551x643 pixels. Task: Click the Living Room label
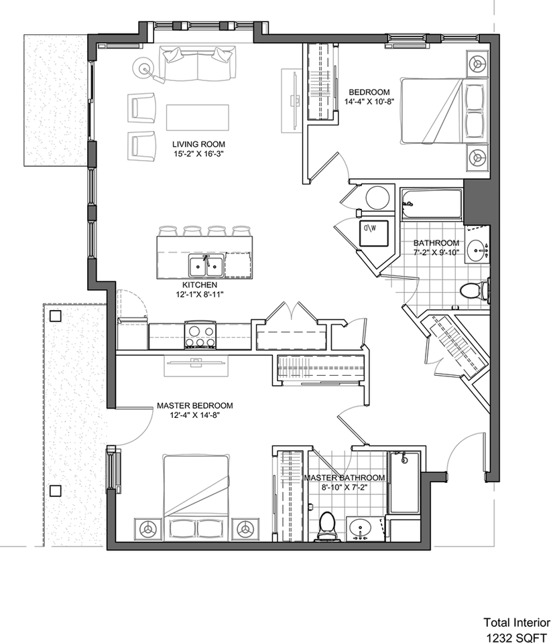click(x=198, y=144)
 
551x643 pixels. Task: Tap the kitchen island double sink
click(x=206, y=266)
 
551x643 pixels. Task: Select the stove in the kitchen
click(x=200, y=335)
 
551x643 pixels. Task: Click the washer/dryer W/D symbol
click(x=374, y=233)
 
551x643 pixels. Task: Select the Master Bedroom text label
click(x=195, y=406)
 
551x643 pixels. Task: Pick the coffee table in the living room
click(x=197, y=118)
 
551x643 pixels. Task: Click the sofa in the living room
click(x=198, y=64)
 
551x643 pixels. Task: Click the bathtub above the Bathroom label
click(x=432, y=204)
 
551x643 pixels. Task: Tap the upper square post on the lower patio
click(x=56, y=315)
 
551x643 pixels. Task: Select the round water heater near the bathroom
click(x=377, y=198)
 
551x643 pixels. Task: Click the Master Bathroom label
click(x=345, y=478)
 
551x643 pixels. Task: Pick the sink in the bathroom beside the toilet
click(x=478, y=248)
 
